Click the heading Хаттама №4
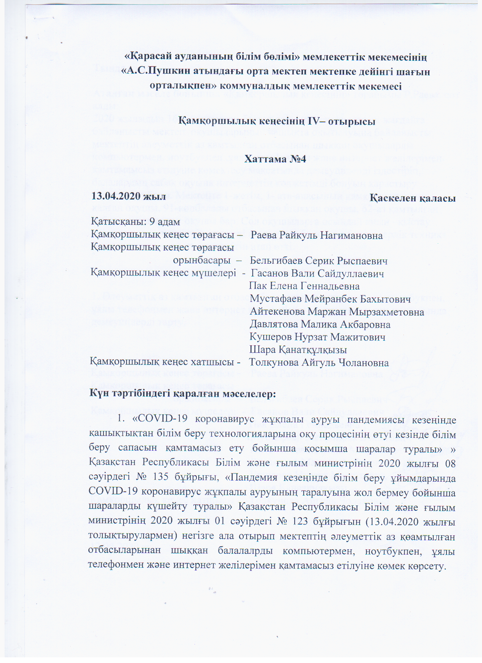pos(275,159)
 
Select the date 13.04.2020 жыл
pos(128,196)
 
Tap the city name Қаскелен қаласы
pos(412,198)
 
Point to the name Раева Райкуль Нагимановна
pos(317,235)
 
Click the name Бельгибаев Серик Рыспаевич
pos(318,261)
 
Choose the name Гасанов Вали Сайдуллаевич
pos(317,274)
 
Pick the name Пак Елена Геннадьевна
pos(304,286)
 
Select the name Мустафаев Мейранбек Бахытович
pos(330,299)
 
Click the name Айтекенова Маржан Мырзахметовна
pos(337,312)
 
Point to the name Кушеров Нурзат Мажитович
pos(317,337)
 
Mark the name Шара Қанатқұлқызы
pos(298,350)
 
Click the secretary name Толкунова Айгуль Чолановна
pos(319,363)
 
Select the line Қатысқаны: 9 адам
pos(136,222)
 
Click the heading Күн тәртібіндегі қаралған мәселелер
pos(182,393)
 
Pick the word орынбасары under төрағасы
pos(201,260)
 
